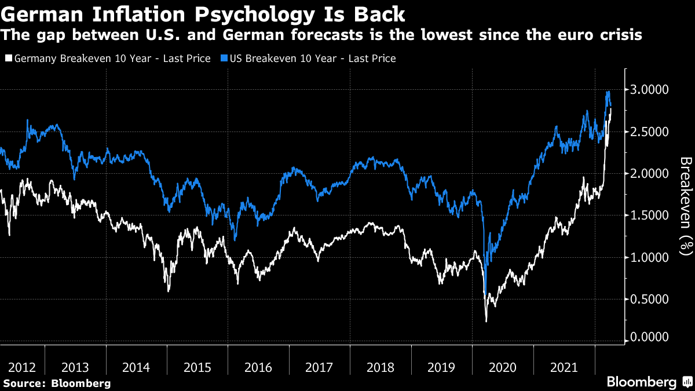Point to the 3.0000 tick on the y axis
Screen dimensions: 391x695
coord(650,90)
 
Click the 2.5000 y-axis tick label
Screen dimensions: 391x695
coord(650,131)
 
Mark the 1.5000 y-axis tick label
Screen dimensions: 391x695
coord(650,215)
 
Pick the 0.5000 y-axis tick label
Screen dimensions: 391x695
coord(650,299)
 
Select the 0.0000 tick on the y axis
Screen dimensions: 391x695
coord(650,337)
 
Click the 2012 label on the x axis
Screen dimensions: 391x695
coord(23,367)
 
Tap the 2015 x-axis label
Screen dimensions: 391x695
coord(197,367)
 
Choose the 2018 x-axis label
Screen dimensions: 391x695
coord(381,367)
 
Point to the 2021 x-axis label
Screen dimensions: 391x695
coord(564,367)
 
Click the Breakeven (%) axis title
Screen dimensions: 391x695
coord(685,206)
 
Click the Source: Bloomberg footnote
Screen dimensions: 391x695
coord(57,383)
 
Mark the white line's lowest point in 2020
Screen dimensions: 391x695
coord(486,321)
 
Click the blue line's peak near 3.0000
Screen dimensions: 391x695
coord(608,92)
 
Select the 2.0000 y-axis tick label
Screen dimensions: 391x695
coord(650,174)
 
